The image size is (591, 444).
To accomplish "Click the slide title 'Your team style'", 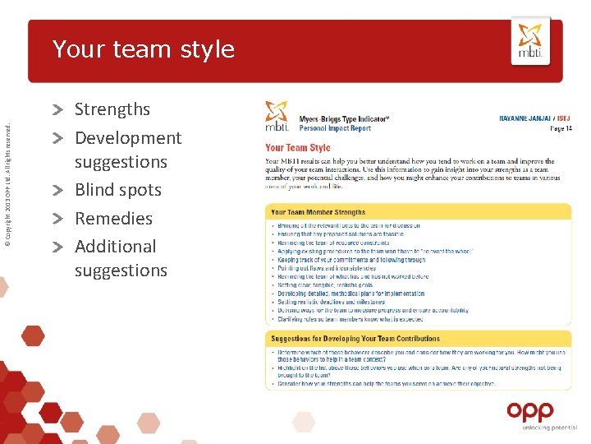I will (x=144, y=49).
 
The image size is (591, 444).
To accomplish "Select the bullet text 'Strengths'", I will (x=112, y=109).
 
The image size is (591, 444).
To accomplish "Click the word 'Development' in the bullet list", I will (x=128, y=138).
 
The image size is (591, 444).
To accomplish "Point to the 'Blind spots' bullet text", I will (x=118, y=190).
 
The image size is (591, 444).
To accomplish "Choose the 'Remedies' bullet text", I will (x=113, y=219).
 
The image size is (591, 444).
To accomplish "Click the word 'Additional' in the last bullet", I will (x=115, y=247).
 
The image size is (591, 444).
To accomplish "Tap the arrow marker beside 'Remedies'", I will (x=60, y=220).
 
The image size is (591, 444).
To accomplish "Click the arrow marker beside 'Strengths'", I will (x=60, y=110).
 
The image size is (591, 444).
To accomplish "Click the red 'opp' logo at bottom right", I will (x=529, y=410).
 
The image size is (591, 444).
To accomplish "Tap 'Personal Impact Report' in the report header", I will (x=335, y=129).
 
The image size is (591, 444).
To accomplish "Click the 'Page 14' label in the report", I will (x=561, y=129).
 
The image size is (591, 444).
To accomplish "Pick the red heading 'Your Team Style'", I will (x=297, y=148).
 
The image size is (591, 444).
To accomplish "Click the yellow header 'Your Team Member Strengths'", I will (x=318, y=212).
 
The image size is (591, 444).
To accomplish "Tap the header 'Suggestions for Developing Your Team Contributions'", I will (x=355, y=338).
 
